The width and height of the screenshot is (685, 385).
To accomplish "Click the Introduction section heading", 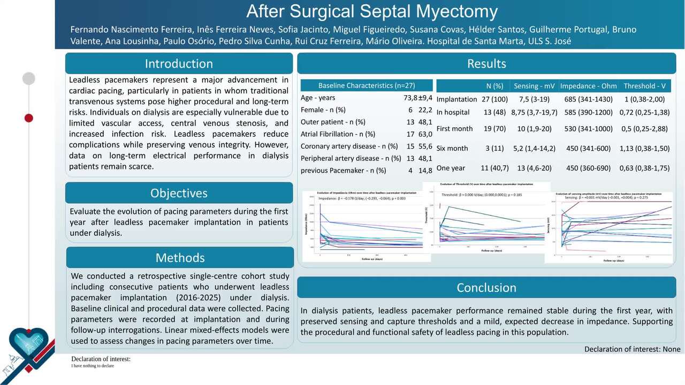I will click(179, 64).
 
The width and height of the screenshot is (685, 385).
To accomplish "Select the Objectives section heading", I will click(179, 193).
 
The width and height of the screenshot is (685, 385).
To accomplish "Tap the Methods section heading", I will click(180, 258).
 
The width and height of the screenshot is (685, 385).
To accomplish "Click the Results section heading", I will click(486, 64).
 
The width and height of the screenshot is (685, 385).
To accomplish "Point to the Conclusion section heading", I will click(486, 288).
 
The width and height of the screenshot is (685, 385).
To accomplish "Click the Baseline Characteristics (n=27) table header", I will click(367, 86).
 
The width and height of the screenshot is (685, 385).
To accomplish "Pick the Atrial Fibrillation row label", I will click(338, 134).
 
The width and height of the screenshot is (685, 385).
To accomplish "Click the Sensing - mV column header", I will click(534, 86).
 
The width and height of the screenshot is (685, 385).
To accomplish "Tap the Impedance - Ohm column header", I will click(588, 86).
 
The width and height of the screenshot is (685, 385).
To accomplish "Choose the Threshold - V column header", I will click(644, 86).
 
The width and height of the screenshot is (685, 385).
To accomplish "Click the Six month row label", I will click(452, 148).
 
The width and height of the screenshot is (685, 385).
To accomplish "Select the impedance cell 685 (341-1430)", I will click(588, 99).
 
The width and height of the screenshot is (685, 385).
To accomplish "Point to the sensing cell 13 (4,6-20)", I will click(534, 168).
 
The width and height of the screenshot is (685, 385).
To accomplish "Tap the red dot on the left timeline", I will click(29, 118).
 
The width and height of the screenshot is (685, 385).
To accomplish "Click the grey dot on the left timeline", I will click(29, 79).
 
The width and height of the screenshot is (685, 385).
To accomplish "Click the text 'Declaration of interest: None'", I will click(632, 349).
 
